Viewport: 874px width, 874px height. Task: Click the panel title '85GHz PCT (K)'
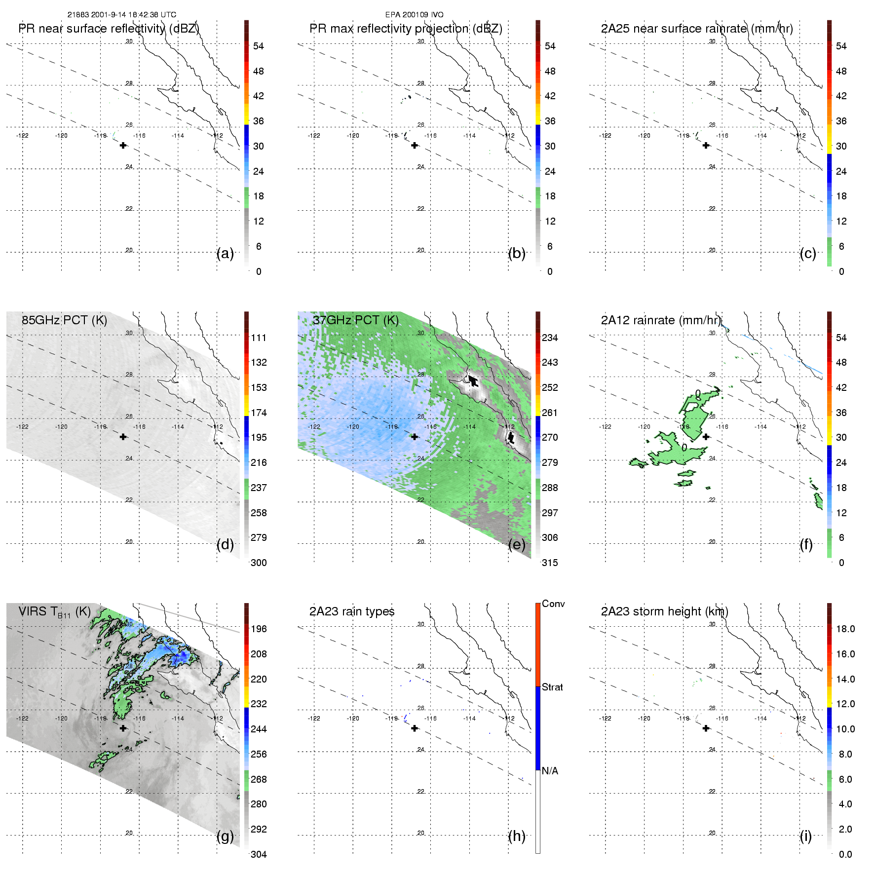point(64,320)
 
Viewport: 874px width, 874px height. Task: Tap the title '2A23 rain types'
point(352,611)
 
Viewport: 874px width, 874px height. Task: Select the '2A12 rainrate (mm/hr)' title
point(661,320)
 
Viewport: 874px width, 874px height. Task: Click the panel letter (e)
point(517,544)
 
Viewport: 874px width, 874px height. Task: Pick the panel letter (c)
point(808,253)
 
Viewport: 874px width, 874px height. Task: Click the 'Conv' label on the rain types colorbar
point(553,604)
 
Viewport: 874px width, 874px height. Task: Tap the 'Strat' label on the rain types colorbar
point(552,687)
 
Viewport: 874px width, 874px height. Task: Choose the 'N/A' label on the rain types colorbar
point(550,771)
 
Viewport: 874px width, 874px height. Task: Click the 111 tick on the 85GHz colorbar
point(259,338)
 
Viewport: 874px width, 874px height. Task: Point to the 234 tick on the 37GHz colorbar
point(550,338)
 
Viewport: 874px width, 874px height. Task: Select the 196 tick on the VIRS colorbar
point(259,629)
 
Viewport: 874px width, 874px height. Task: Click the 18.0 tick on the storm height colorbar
point(845,629)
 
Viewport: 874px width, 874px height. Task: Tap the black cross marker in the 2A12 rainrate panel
point(706,437)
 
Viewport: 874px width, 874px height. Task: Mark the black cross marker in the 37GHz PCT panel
point(415,437)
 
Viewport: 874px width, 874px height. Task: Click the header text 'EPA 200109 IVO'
point(414,15)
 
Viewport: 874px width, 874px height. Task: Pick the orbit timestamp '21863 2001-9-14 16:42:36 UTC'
point(122,15)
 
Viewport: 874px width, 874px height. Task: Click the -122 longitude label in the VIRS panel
point(22,719)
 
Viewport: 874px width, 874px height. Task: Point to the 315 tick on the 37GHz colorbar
point(550,563)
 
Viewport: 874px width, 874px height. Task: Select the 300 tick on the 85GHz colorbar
point(259,563)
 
